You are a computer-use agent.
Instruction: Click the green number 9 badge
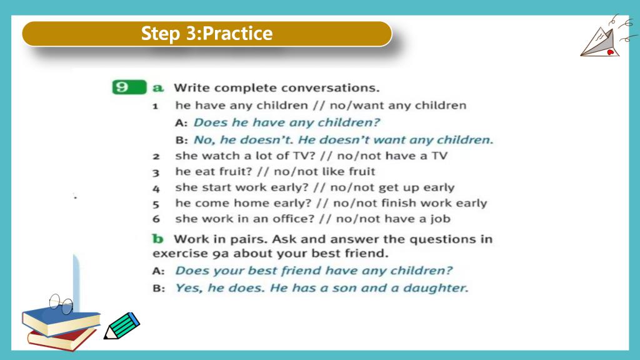[129, 87]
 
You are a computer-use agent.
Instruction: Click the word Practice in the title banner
[237, 34]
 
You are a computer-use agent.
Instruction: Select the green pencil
[122, 326]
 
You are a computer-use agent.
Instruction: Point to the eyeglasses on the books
[61, 304]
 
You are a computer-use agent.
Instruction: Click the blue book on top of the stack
[61, 321]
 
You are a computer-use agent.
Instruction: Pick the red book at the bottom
[61, 339]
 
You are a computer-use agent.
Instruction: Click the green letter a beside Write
[158, 87]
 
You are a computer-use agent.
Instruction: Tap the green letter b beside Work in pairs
[157, 238]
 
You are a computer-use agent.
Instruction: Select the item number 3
[156, 172]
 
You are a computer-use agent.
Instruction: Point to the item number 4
[156, 189]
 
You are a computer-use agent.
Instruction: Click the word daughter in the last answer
[435, 288]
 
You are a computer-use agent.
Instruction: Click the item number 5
[156, 204]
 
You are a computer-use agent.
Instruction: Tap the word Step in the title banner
[161, 34]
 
